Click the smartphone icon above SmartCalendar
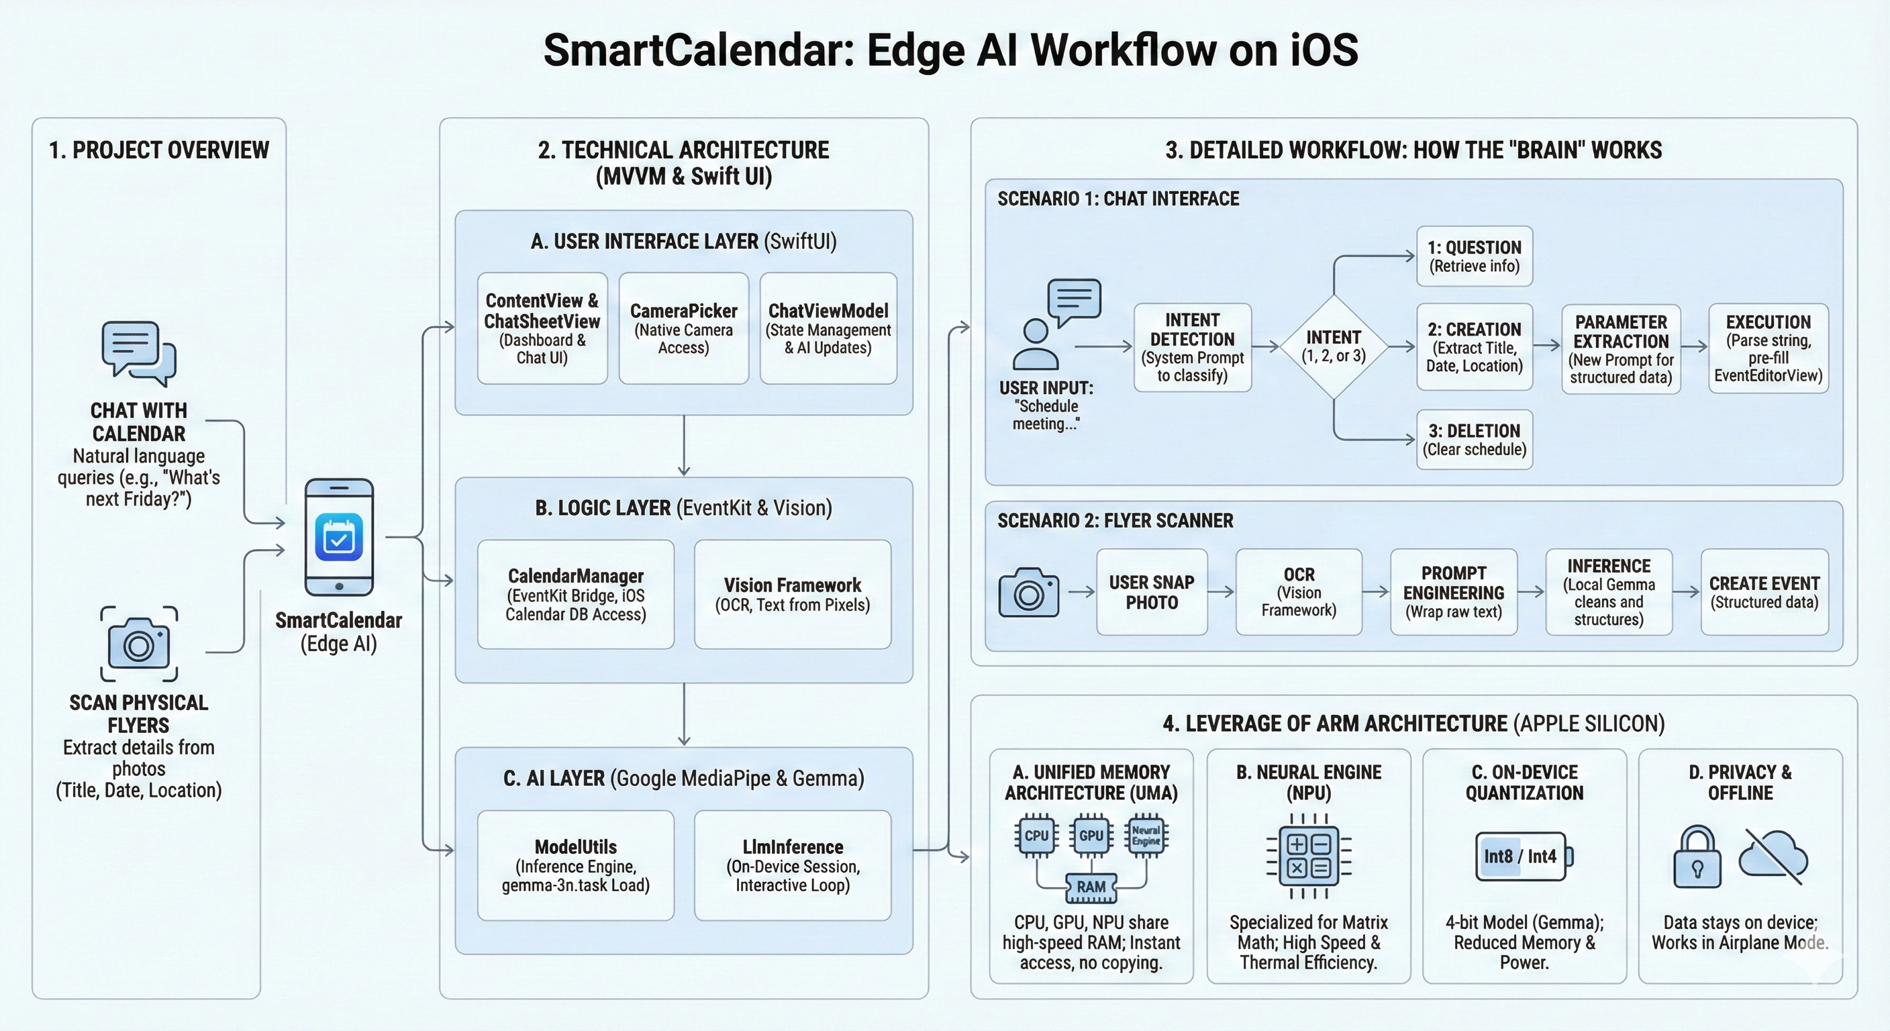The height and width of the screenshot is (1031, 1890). (x=339, y=537)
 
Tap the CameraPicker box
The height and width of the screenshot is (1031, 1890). (x=683, y=328)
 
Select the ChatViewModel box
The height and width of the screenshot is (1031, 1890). (x=828, y=328)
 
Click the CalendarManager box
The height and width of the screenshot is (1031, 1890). (x=575, y=595)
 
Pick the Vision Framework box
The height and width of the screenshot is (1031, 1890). (x=793, y=595)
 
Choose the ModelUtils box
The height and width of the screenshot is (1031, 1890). (x=575, y=865)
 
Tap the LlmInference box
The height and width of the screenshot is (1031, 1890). (x=793, y=865)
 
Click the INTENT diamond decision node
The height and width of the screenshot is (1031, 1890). (x=1333, y=347)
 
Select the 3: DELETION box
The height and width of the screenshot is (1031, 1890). (x=1474, y=440)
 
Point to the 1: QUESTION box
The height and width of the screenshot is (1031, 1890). (x=1474, y=256)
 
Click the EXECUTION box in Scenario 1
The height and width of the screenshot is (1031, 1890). (x=1769, y=348)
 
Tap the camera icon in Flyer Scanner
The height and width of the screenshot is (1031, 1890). (x=1029, y=592)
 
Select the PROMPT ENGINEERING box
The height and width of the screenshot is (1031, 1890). (x=1454, y=592)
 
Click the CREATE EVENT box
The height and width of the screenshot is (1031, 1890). (x=1764, y=592)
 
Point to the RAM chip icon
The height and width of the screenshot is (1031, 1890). (x=1091, y=887)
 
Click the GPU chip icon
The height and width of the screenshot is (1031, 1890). (x=1091, y=836)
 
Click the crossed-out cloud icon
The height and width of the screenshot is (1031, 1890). (x=1773, y=856)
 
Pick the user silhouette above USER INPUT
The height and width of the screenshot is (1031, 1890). (x=1035, y=345)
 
